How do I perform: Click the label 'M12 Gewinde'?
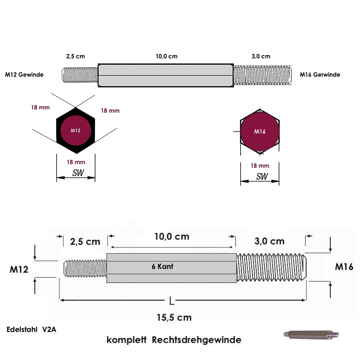coord(24,75)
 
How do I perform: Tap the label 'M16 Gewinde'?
coord(320,75)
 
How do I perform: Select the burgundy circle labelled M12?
coord(76,131)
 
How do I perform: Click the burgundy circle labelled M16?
coord(260,131)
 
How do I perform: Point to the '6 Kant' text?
coord(162,267)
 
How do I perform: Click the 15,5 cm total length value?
coord(174,318)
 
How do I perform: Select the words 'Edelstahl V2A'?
coord(31,329)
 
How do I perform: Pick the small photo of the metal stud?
coord(310,334)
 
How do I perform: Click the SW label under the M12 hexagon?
coord(78,173)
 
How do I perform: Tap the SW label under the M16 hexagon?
coord(262,176)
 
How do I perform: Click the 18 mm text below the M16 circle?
coord(260,166)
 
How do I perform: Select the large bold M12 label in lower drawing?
coord(19,269)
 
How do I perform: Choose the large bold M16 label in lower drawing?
coord(344,267)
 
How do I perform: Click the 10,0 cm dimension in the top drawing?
coord(166,57)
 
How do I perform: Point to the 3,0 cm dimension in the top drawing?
coord(261,57)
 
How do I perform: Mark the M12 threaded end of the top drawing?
coord(80,75)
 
